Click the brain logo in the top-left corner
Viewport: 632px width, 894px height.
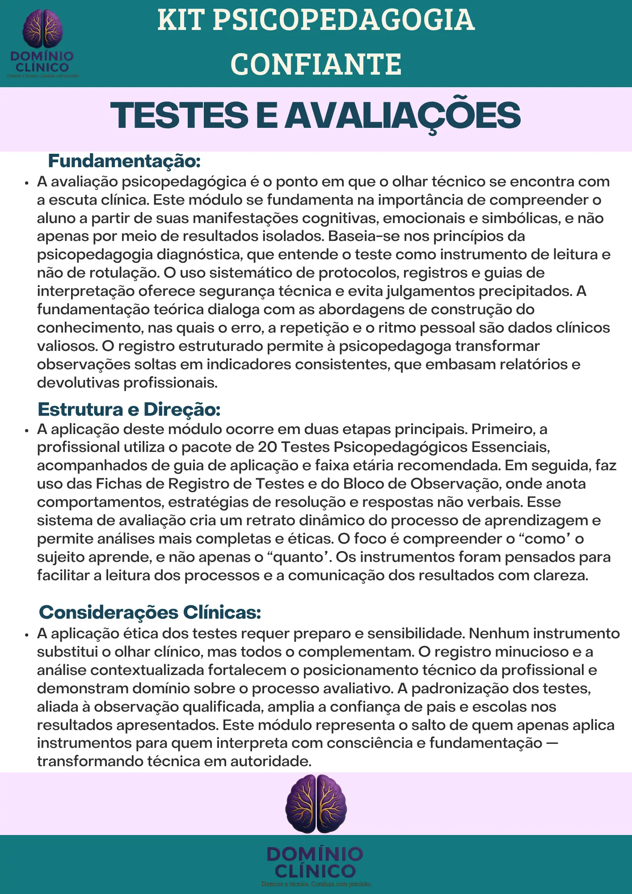pyautogui.click(x=42, y=29)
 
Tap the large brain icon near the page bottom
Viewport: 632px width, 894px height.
pyautogui.click(x=316, y=804)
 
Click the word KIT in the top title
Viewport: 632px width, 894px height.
pyautogui.click(x=181, y=21)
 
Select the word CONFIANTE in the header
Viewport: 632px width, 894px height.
pyautogui.click(x=316, y=64)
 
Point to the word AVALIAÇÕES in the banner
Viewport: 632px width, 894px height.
pyautogui.click(x=403, y=115)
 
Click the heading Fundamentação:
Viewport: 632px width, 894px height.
pyautogui.click(x=124, y=161)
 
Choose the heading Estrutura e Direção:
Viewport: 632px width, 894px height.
pyautogui.click(x=129, y=409)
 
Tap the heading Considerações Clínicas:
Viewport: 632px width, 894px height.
pyautogui.click(x=150, y=612)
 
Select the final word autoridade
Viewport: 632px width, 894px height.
pyautogui.click(x=271, y=761)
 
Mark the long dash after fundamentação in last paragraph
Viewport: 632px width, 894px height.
pyautogui.click(x=552, y=743)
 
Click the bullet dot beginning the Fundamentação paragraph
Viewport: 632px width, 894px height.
pyautogui.click(x=27, y=183)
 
